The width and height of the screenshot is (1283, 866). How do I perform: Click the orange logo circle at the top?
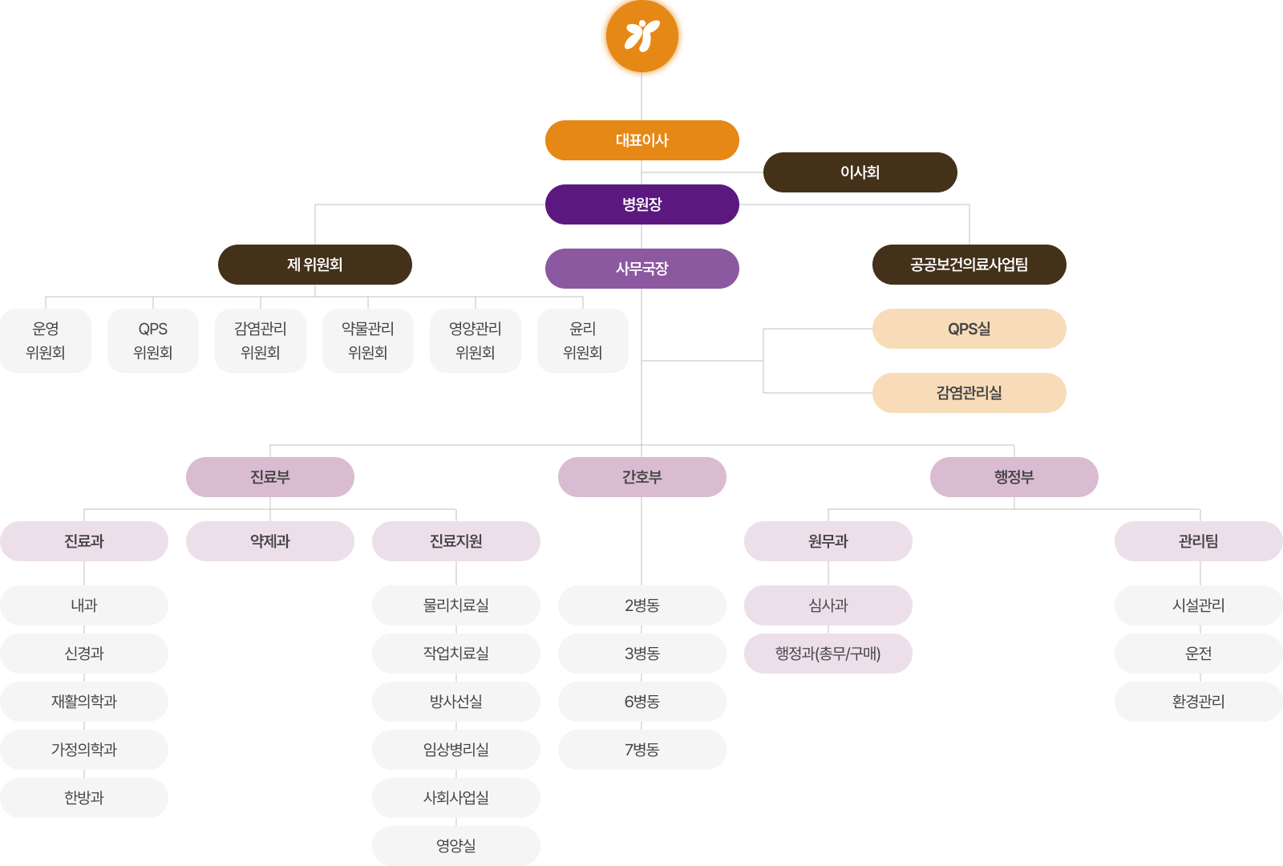pyautogui.click(x=641, y=37)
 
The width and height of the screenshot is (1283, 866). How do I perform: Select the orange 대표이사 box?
pyautogui.click(x=641, y=140)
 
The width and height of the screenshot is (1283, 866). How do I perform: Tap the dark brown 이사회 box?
pyautogui.click(x=860, y=172)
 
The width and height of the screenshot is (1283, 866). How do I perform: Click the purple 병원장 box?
pyautogui.click(x=641, y=204)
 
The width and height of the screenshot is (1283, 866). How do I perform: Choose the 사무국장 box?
pyautogui.click(x=641, y=269)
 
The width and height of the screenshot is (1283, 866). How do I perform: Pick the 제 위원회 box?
pyautogui.click(x=314, y=265)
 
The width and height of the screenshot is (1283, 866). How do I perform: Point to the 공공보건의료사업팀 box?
pyautogui.click(x=969, y=265)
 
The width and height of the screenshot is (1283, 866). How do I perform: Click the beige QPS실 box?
pyautogui.click(x=969, y=329)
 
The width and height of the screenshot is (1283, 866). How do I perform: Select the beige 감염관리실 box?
pyautogui.click(x=969, y=393)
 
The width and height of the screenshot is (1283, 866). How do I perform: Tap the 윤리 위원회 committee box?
pyautogui.click(x=582, y=341)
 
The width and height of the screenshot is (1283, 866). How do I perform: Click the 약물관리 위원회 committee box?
pyautogui.click(x=367, y=341)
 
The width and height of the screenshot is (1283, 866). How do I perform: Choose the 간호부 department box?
pyautogui.click(x=641, y=477)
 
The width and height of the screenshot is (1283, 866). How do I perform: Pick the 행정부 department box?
pyautogui.click(x=1014, y=477)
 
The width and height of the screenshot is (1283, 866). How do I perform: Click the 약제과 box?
pyautogui.click(x=269, y=541)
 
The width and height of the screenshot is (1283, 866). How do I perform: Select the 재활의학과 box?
pyautogui.click(x=84, y=702)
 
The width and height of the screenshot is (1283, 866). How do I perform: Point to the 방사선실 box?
pyautogui.click(x=455, y=702)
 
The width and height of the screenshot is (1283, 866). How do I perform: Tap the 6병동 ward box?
pyautogui.click(x=641, y=702)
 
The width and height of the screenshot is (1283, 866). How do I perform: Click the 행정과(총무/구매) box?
pyautogui.click(x=828, y=654)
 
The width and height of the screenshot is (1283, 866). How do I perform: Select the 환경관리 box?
pyautogui.click(x=1198, y=702)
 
